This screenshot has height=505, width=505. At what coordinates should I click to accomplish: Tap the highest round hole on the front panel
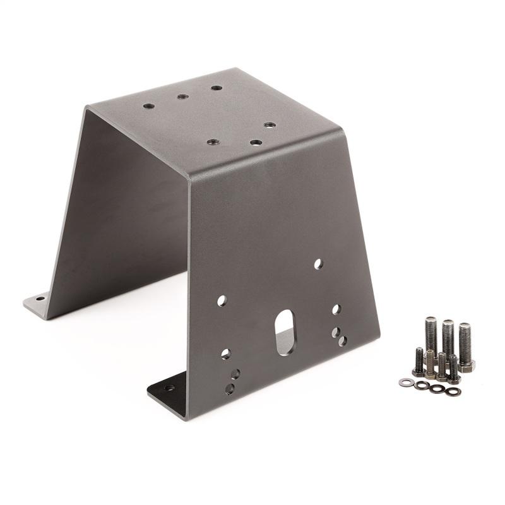(318, 263)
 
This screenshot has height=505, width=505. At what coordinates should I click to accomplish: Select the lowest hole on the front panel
(230, 389)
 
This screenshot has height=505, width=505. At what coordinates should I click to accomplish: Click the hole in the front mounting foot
(169, 388)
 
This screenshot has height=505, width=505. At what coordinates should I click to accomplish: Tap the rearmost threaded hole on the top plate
(217, 88)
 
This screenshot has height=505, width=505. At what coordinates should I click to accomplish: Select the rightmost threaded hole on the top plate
(269, 125)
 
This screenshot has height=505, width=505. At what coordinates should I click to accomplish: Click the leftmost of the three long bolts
(431, 335)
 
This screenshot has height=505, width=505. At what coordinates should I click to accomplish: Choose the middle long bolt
(448, 336)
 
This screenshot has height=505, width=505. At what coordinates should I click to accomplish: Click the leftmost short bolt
(418, 362)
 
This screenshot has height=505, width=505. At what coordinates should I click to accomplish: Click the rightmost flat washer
(452, 391)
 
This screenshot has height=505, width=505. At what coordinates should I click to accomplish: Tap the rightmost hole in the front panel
(342, 341)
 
